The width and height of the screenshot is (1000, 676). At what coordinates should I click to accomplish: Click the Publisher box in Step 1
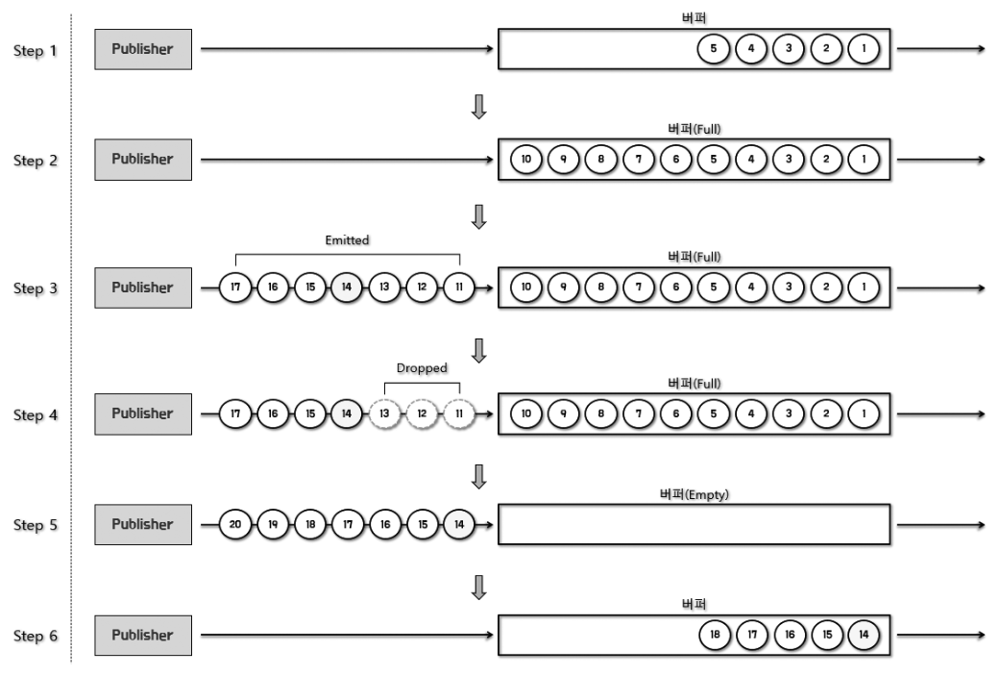coord(143,50)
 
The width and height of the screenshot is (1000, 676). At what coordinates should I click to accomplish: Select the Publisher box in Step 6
coord(143,636)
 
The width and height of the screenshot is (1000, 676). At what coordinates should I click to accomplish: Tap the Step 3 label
coord(35,288)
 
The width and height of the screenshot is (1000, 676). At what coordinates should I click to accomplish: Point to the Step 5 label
coord(35,526)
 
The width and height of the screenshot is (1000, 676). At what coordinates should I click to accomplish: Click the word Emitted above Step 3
coord(347,240)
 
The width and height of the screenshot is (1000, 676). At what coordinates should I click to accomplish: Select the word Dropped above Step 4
coord(423,367)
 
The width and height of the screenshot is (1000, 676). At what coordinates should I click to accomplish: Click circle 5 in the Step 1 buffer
coord(714,50)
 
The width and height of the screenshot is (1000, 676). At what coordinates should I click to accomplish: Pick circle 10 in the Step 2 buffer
coord(526,160)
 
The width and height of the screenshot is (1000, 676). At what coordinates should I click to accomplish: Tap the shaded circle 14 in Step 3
coord(346,288)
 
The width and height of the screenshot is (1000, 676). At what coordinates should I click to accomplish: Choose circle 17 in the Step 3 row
coord(234,288)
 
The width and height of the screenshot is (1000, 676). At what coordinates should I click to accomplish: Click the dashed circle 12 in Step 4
coord(421,414)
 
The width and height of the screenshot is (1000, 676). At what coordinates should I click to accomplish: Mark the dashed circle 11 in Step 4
coord(458,414)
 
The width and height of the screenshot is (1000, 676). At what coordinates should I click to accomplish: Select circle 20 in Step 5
coord(234,525)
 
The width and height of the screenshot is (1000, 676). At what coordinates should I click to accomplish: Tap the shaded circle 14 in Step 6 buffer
coord(864,636)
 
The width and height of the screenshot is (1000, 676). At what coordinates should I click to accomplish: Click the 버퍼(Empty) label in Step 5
coord(694,493)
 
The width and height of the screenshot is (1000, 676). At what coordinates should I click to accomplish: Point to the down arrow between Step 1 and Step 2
coord(479,106)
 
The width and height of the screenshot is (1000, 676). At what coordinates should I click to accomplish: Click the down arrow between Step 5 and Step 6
coord(479,584)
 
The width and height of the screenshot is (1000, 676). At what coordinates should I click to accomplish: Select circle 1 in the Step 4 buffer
coord(864,414)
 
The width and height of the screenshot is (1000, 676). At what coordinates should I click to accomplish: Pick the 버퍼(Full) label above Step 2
coord(694,129)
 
